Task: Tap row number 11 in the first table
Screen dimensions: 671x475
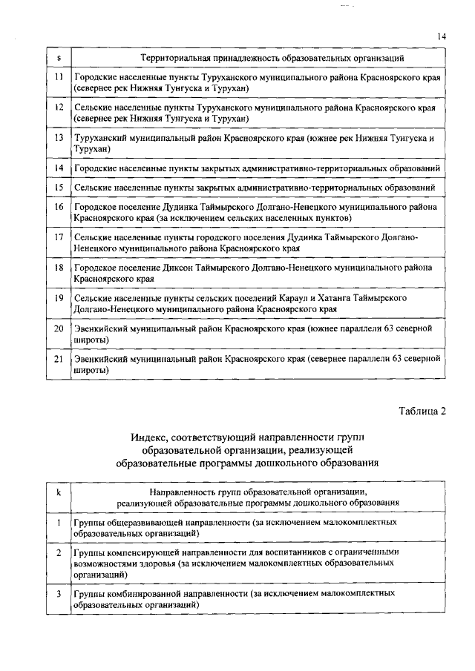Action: (58, 77)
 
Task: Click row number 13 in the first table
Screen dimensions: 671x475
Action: (58, 138)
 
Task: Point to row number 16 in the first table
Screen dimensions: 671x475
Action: (58, 207)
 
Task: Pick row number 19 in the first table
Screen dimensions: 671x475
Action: (58, 297)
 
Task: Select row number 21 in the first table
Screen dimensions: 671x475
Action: (58, 358)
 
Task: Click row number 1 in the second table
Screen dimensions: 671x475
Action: (58, 523)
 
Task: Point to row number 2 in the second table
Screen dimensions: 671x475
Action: (58, 553)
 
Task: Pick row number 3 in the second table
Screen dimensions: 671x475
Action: (58, 593)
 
